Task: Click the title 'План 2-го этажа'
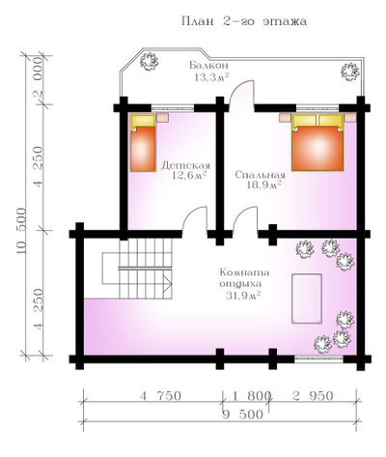(x=244, y=21)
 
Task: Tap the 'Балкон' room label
(x=209, y=66)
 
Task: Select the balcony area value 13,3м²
(x=211, y=77)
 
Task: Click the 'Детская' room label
(x=185, y=165)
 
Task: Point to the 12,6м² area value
(x=189, y=176)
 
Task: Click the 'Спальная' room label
(x=260, y=175)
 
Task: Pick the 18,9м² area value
(x=264, y=186)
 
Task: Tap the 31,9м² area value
(x=243, y=296)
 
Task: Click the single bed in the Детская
(x=143, y=143)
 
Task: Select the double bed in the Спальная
(x=317, y=142)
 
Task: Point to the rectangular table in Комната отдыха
(x=307, y=299)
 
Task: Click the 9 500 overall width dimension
(x=242, y=414)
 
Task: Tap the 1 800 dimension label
(x=250, y=396)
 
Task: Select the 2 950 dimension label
(x=313, y=396)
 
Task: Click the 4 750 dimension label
(x=160, y=396)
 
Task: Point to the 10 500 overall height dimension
(x=21, y=231)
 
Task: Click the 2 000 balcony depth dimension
(x=39, y=78)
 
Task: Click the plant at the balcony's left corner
(x=149, y=61)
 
